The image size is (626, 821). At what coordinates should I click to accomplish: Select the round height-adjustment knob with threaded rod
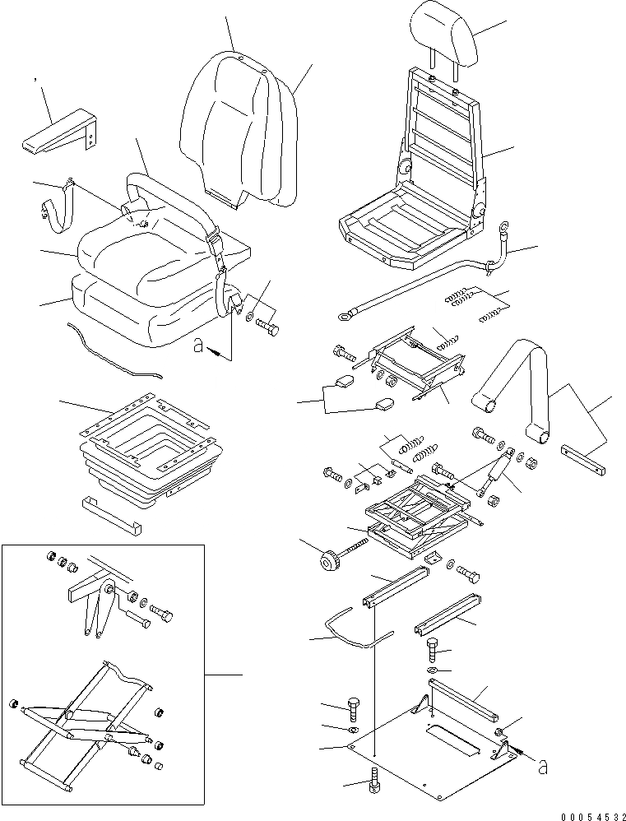pyautogui.click(x=329, y=564)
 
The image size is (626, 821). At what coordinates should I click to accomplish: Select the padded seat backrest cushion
pyautogui.click(x=234, y=123)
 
